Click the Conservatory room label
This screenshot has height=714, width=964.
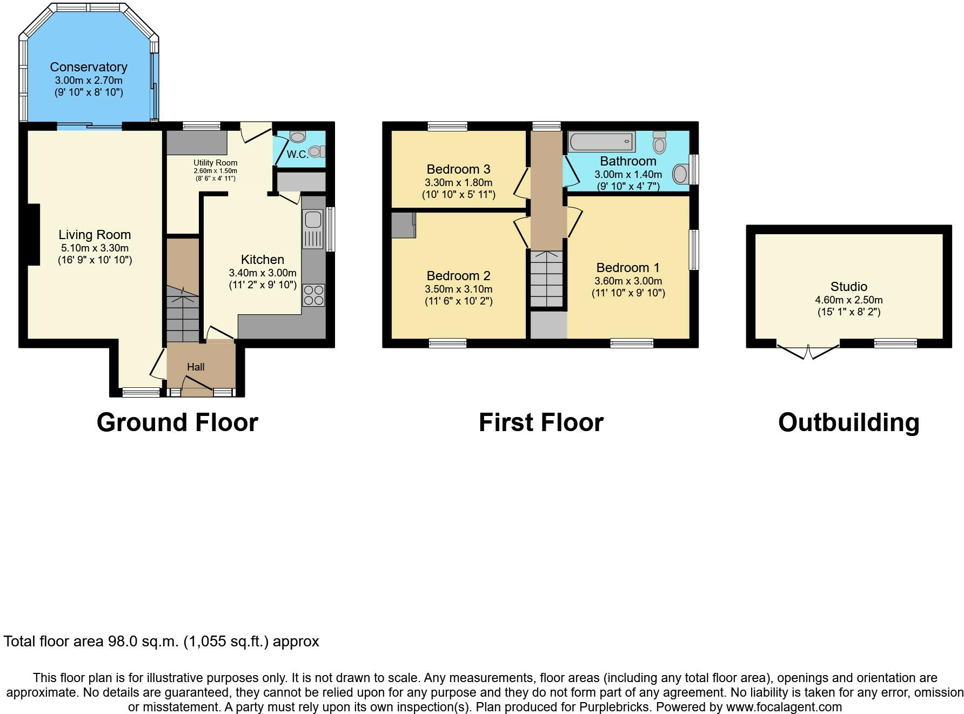[x=89, y=67]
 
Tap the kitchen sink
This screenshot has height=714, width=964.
[x=312, y=229]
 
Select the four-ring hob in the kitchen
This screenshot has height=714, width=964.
[x=313, y=295]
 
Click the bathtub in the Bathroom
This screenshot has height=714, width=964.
[x=601, y=142]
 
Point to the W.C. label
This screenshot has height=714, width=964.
[x=297, y=154]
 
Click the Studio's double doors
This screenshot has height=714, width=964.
[x=808, y=351]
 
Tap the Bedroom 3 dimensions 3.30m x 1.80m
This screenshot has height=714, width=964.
[x=459, y=183]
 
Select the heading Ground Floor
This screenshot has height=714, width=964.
[x=177, y=422]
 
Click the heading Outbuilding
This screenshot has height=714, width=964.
[x=849, y=422]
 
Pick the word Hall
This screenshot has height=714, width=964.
[x=196, y=367]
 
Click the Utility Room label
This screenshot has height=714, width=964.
[x=216, y=163]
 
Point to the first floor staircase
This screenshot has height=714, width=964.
[x=547, y=279]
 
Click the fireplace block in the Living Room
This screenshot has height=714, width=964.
[x=34, y=234]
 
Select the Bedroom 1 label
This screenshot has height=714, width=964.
[x=628, y=268]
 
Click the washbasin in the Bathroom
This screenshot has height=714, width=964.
[x=680, y=174]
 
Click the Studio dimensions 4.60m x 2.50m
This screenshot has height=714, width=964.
[x=849, y=300]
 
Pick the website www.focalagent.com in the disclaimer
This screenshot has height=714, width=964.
[x=784, y=707]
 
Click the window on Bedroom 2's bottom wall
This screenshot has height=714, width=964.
[x=447, y=343]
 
